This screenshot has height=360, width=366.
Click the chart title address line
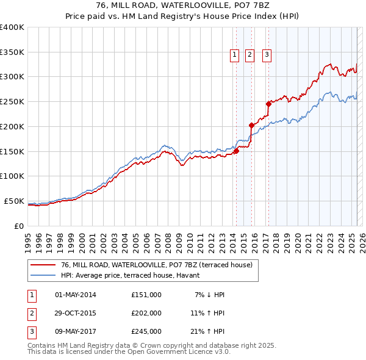click(183, 5)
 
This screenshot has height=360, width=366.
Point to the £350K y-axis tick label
click(12, 52)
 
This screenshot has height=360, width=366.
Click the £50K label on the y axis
click(14, 201)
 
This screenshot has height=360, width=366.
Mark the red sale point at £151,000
click(236, 151)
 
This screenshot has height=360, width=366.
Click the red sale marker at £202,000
click(251, 126)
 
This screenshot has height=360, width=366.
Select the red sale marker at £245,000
click(268, 104)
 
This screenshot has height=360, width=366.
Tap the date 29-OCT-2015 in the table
click(76, 313)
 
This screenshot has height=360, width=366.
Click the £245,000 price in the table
click(146, 331)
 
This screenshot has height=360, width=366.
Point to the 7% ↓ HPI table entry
click(210, 295)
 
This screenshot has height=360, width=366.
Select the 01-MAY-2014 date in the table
click(76, 295)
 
